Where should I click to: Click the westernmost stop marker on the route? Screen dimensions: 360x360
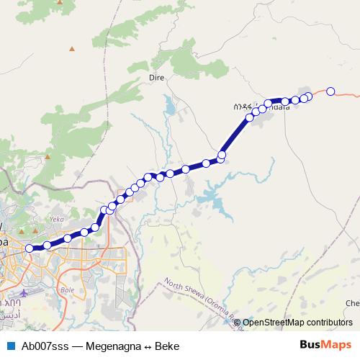pos(30,248)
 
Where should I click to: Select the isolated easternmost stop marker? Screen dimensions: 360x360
pos(330,91)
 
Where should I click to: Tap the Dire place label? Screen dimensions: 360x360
pos(156,76)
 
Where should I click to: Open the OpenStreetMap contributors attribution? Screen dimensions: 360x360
pos(297,323)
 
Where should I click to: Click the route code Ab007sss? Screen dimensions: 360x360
pos(44,346)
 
